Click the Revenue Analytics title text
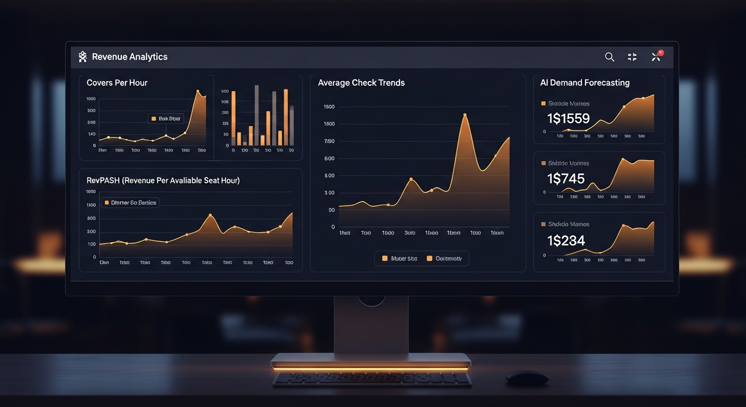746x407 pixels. (x=129, y=57)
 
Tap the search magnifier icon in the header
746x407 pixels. (x=609, y=57)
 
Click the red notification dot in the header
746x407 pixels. (x=661, y=52)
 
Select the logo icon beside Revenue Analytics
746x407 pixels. (x=83, y=57)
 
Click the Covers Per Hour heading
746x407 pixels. (x=117, y=83)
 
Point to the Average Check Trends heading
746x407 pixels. (x=361, y=83)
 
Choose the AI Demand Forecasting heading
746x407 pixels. (x=584, y=83)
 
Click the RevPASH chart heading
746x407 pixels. (x=163, y=181)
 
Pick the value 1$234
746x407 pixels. (x=566, y=241)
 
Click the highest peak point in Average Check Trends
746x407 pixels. (x=465, y=115)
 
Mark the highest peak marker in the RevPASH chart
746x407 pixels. (x=210, y=215)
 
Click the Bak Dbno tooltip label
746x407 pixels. (x=166, y=119)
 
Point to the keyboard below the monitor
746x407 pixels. (x=371, y=378)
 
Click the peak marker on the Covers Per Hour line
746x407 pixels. (x=198, y=91)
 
